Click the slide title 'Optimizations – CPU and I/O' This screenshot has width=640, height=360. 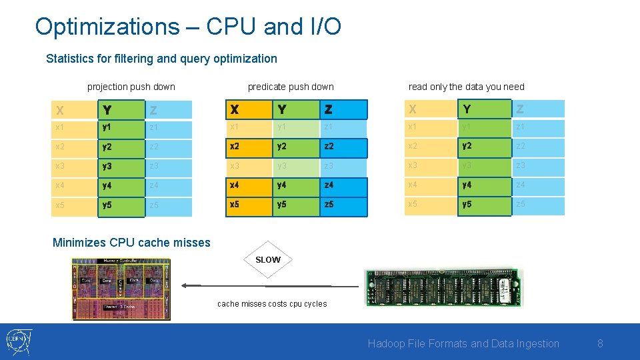[x=188, y=27]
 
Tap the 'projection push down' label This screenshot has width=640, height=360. [x=131, y=87]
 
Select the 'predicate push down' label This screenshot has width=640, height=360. [x=291, y=87]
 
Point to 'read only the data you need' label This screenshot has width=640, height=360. [x=466, y=87]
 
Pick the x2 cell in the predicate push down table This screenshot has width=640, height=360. [x=248, y=147]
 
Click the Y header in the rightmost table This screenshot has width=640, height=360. [x=484, y=109]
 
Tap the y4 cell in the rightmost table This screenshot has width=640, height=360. [x=484, y=186]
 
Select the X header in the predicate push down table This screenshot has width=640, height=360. [x=248, y=109]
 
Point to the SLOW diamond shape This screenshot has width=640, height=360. [x=268, y=259]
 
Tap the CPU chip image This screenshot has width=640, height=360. [x=121, y=289]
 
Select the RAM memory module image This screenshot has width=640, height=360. [x=443, y=287]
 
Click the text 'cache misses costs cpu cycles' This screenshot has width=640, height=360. [x=272, y=304]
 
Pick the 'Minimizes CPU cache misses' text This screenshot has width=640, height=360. [x=131, y=243]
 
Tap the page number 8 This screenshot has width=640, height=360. [x=600, y=344]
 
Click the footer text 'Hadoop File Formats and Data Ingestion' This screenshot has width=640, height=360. [x=463, y=344]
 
